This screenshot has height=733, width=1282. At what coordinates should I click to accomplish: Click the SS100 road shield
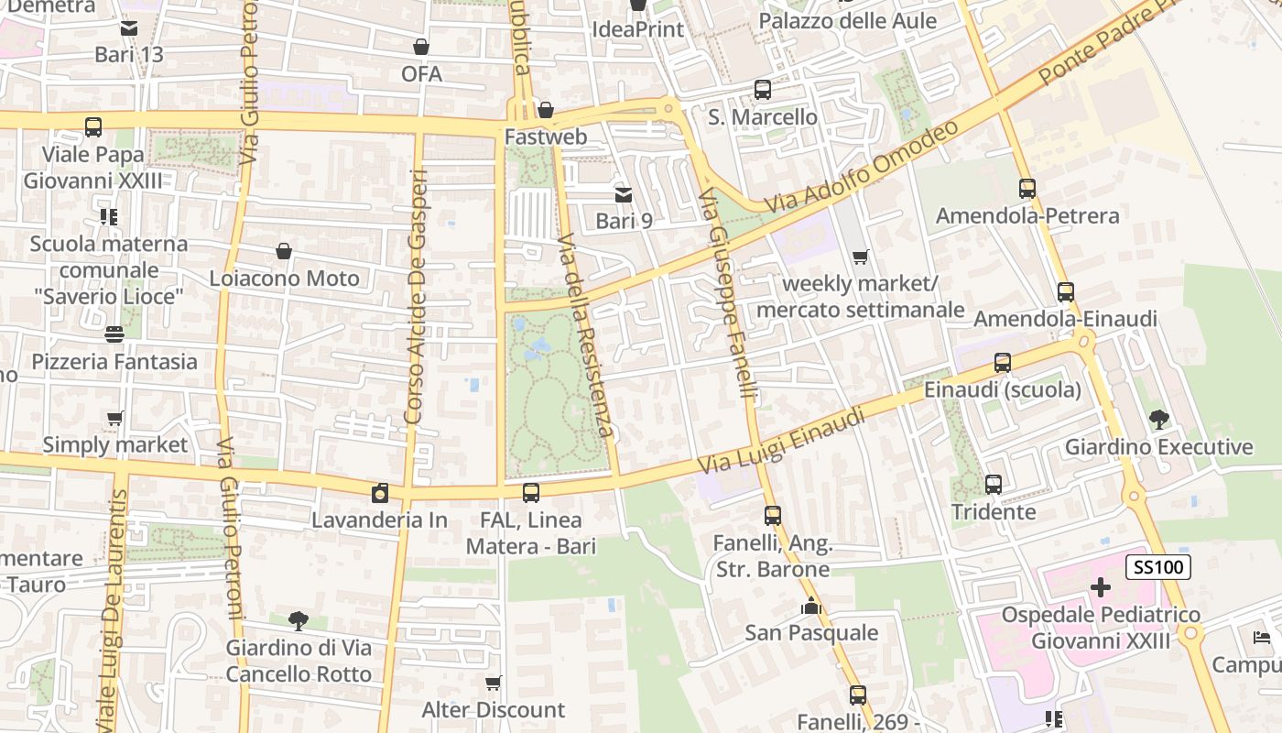(x=1158, y=567)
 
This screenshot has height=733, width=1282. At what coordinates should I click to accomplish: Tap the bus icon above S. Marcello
(x=763, y=90)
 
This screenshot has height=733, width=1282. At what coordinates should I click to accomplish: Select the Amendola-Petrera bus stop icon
(x=1027, y=189)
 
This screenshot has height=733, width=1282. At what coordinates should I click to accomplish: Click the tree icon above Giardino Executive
(x=1158, y=420)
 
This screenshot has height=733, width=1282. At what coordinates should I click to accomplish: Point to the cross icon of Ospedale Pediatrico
(x=1101, y=587)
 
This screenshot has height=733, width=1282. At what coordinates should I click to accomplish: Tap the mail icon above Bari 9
(x=624, y=194)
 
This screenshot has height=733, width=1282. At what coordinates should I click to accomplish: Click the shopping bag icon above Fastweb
(x=546, y=110)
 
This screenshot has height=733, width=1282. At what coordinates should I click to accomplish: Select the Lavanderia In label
(x=380, y=520)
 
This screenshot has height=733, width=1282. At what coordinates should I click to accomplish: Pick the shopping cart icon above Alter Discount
(x=494, y=683)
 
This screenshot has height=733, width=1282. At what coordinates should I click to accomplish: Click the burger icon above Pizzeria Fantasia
(x=114, y=334)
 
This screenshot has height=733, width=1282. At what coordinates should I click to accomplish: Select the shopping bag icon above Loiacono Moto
(x=284, y=251)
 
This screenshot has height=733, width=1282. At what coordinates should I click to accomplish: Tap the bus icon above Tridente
(x=994, y=485)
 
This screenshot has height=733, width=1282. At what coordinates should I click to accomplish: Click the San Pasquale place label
(x=811, y=633)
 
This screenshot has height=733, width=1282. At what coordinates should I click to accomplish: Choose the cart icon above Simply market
(x=115, y=419)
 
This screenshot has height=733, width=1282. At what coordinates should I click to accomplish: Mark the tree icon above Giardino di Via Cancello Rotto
(x=299, y=621)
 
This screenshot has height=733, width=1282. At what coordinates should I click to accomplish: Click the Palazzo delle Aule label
(x=848, y=21)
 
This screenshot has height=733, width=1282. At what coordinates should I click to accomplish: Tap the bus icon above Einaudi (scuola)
(x=1003, y=363)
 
